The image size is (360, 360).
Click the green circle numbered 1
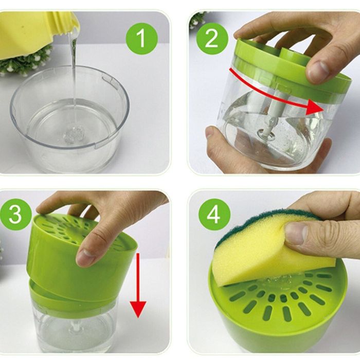142,39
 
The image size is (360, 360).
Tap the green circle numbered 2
211,39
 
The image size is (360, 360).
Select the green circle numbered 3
15,214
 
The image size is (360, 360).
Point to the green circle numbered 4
214,214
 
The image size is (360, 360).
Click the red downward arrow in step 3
138,285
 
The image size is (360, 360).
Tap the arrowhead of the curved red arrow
315,107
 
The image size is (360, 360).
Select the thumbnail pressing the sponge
296,232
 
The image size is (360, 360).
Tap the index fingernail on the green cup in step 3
85,257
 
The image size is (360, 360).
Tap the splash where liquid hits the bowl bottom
73,136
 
